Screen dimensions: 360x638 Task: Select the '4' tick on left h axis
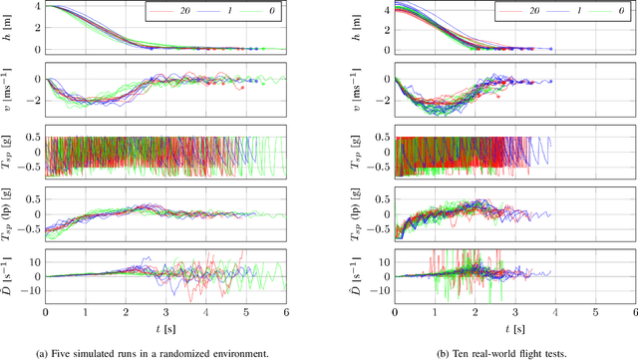coord(38,5)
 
